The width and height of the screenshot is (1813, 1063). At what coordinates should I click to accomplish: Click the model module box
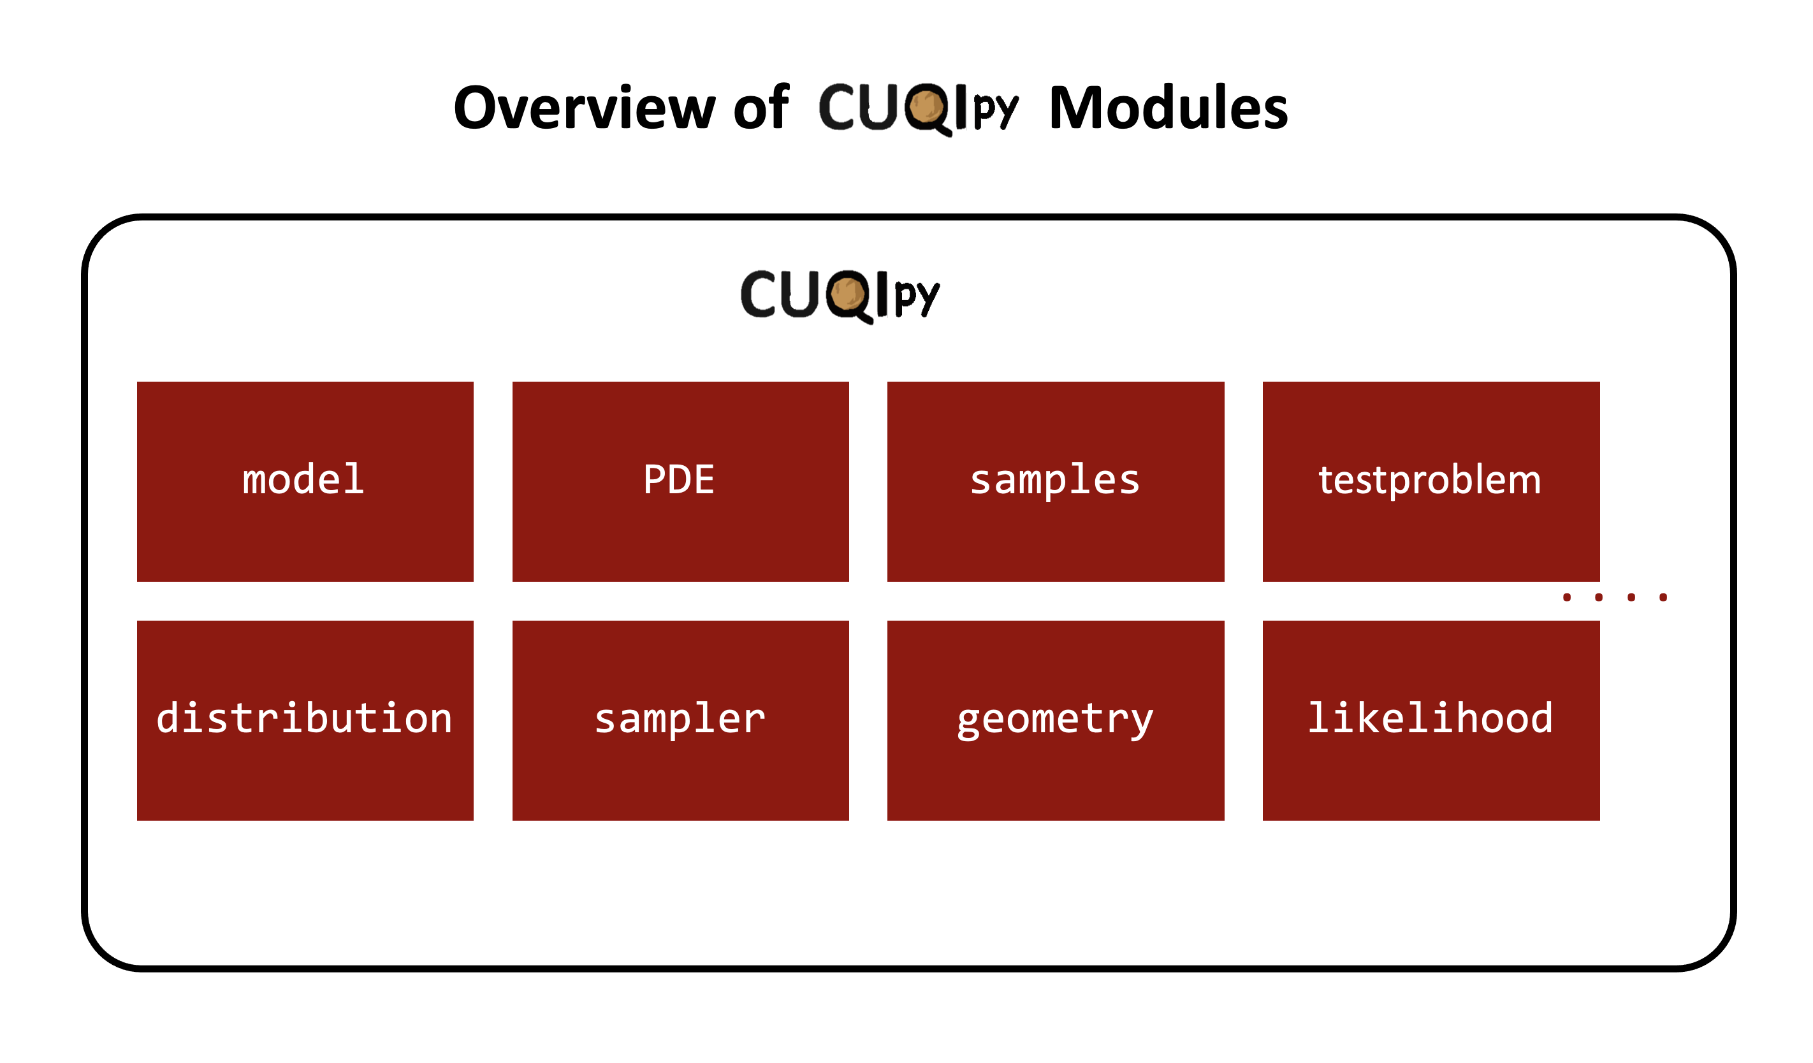(305, 481)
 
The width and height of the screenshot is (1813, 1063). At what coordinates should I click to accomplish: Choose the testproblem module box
(1431, 481)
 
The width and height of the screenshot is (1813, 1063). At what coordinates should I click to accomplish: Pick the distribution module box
(305, 720)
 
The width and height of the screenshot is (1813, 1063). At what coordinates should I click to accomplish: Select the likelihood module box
(1431, 720)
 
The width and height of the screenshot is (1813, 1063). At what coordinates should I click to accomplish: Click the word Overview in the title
(583, 108)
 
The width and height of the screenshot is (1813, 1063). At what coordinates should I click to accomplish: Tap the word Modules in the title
(1168, 108)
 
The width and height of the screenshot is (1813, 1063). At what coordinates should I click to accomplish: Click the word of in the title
(761, 108)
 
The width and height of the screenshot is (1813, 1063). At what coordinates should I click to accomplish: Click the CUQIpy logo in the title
(918, 108)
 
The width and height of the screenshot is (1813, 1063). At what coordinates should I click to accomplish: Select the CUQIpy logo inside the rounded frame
(840, 295)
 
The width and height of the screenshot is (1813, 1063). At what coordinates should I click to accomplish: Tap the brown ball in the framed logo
(847, 293)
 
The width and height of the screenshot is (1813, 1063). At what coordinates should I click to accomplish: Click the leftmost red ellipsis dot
(1567, 597)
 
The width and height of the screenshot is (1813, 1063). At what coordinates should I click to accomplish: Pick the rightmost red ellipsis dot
(1663, 597)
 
